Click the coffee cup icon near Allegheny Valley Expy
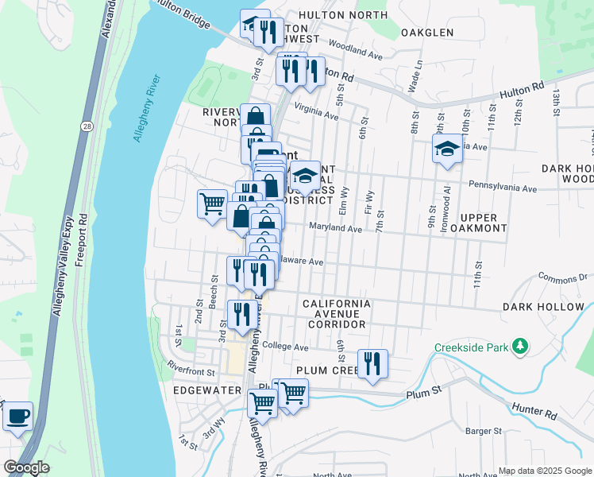click(17, 417)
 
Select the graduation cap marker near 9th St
click(447, 149)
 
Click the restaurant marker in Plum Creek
click(372, 364)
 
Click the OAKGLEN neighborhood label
click(427, 33)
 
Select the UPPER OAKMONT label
click(478, 223)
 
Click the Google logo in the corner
click(26, 467)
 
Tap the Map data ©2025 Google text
click(545, 471)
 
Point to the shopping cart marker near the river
click(212, 204)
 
